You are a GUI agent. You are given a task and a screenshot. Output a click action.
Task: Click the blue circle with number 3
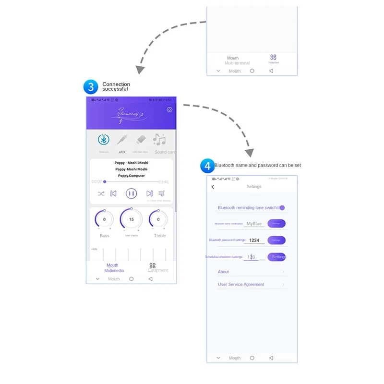tap(91, 87)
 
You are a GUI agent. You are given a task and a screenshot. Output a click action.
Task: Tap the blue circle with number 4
tap(207, 166)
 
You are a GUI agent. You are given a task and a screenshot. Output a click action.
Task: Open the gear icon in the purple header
tap(169, 110)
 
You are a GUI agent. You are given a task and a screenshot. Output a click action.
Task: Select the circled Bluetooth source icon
tap(104, 140)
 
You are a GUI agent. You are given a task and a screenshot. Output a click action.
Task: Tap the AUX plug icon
tap(122, 140)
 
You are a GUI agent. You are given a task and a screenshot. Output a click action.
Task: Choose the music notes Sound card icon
tap(159, 140)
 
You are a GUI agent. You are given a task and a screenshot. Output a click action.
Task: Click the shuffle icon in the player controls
tap(101, 194)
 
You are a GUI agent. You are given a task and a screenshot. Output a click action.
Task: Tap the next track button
tap(149, 193)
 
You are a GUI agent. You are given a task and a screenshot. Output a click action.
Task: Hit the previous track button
tap(113, 193)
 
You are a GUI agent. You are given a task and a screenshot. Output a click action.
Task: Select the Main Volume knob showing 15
tap(131, 219)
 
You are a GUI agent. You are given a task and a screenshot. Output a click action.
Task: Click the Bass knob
tap(104, 219)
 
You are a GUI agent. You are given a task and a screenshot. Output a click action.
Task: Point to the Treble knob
tap(158, 219)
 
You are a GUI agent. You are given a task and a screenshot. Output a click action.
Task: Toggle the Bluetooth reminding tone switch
tap(282, 208)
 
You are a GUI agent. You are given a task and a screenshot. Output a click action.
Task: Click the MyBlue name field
tap(254, 224)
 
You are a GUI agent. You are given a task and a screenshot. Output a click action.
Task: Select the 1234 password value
tap(254, 240)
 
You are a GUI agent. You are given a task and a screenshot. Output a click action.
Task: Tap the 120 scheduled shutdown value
tap(251, 257)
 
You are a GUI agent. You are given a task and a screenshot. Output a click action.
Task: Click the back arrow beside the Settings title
tap(213, 187)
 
